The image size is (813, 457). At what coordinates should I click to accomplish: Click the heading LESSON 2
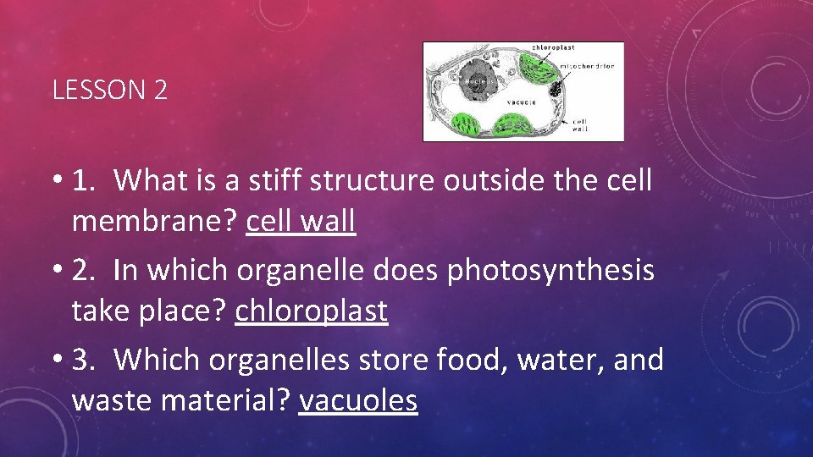109,91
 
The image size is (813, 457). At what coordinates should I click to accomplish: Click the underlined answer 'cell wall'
301,222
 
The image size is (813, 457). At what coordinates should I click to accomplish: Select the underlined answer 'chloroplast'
311,311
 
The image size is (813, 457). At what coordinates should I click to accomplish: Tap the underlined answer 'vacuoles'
358,401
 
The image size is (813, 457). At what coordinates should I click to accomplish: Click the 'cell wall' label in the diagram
581,125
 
